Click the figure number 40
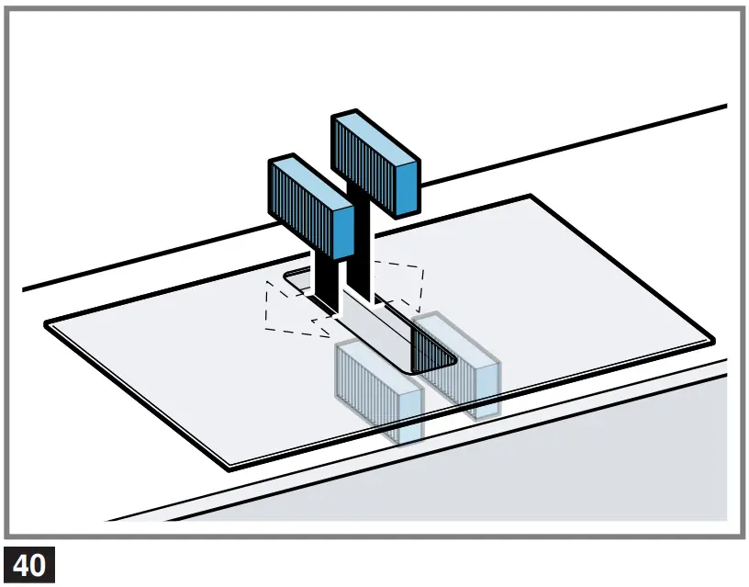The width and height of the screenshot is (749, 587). [x=29, y=565]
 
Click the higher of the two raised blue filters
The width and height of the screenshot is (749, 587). [x=374, y=163]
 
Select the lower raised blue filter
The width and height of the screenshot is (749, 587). [x=310, y=208]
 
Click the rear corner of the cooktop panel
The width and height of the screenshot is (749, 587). [x=530, y=197]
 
